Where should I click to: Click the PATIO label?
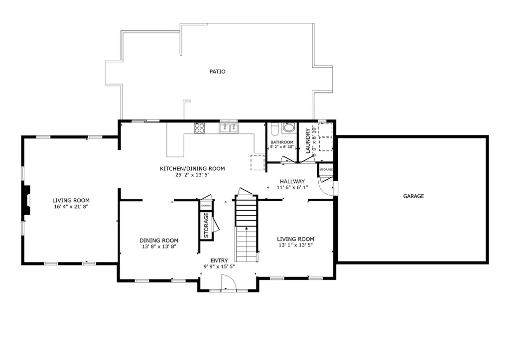tap(217, 72)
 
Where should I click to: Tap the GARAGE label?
tap(413, 196)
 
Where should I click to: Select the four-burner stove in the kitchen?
tap(199, 128)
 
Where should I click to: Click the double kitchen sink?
tap(229, 128)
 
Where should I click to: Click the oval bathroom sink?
tap(289, 128)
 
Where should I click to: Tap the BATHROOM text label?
tap(281, 142)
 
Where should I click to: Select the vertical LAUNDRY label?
tap(308, 141)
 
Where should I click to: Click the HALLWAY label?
tap(292, 181)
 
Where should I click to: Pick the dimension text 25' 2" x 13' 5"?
tap(192, 175)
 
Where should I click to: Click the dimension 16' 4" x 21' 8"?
tap(70, 206)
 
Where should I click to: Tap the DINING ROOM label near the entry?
tap(158, 240)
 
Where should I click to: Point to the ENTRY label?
tap(219, 260)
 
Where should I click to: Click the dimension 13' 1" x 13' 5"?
tap(295, 245)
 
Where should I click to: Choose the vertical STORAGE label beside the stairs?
tap(206, 225)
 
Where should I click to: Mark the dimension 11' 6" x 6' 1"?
tap(292, 188)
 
